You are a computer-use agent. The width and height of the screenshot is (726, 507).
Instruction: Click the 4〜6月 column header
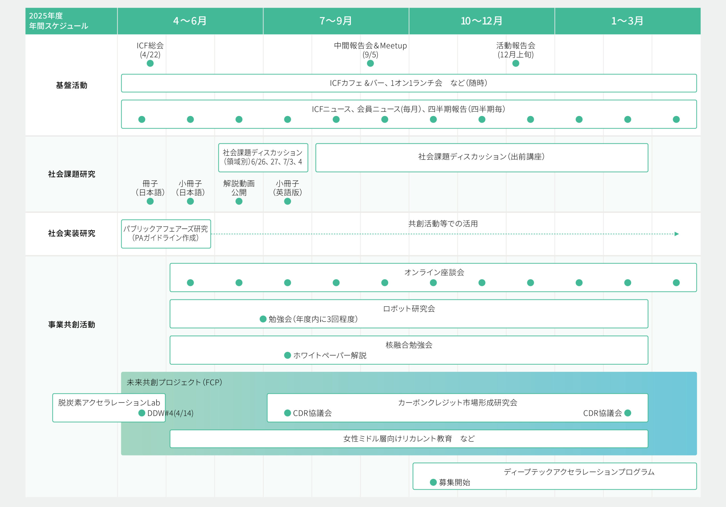tap(190, 21)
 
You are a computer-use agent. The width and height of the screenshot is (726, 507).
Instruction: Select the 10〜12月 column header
tap(482, 21)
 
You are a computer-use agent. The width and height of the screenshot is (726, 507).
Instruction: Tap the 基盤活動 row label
tap(71, 85)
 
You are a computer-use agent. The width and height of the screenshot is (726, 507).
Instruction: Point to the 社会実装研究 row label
tap(71, 233)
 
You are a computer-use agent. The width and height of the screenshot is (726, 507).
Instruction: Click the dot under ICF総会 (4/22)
tap(150, 64)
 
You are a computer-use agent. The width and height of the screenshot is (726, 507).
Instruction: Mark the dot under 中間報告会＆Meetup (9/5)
tap(370, 64)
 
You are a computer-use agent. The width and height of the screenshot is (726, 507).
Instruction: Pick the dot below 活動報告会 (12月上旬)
tap(516, 64)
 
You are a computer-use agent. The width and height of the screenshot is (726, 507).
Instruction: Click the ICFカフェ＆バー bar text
tap(409, 83)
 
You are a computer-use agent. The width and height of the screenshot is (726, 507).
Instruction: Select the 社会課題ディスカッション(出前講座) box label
tap(482, 157)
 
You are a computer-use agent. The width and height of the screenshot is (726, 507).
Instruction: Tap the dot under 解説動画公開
tap(239, 201)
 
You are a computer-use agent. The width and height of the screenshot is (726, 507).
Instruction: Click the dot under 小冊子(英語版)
tap(288, 201)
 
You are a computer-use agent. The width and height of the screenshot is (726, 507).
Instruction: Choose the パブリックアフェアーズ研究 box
tap(166, 234)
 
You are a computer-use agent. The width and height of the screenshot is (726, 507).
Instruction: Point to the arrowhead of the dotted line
tap(677, 234)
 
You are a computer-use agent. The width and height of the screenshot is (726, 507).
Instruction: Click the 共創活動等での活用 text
tap(443, 224)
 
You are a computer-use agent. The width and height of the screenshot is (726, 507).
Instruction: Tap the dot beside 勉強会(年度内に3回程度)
tap(263, 319)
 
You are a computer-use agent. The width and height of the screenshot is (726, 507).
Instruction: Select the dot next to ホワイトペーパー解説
tap(288, 355)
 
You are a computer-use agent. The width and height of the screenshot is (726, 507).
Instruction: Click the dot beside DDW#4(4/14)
tap(142, 413)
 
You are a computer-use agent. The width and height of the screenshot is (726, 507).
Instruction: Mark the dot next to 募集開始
tap(433, 482)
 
